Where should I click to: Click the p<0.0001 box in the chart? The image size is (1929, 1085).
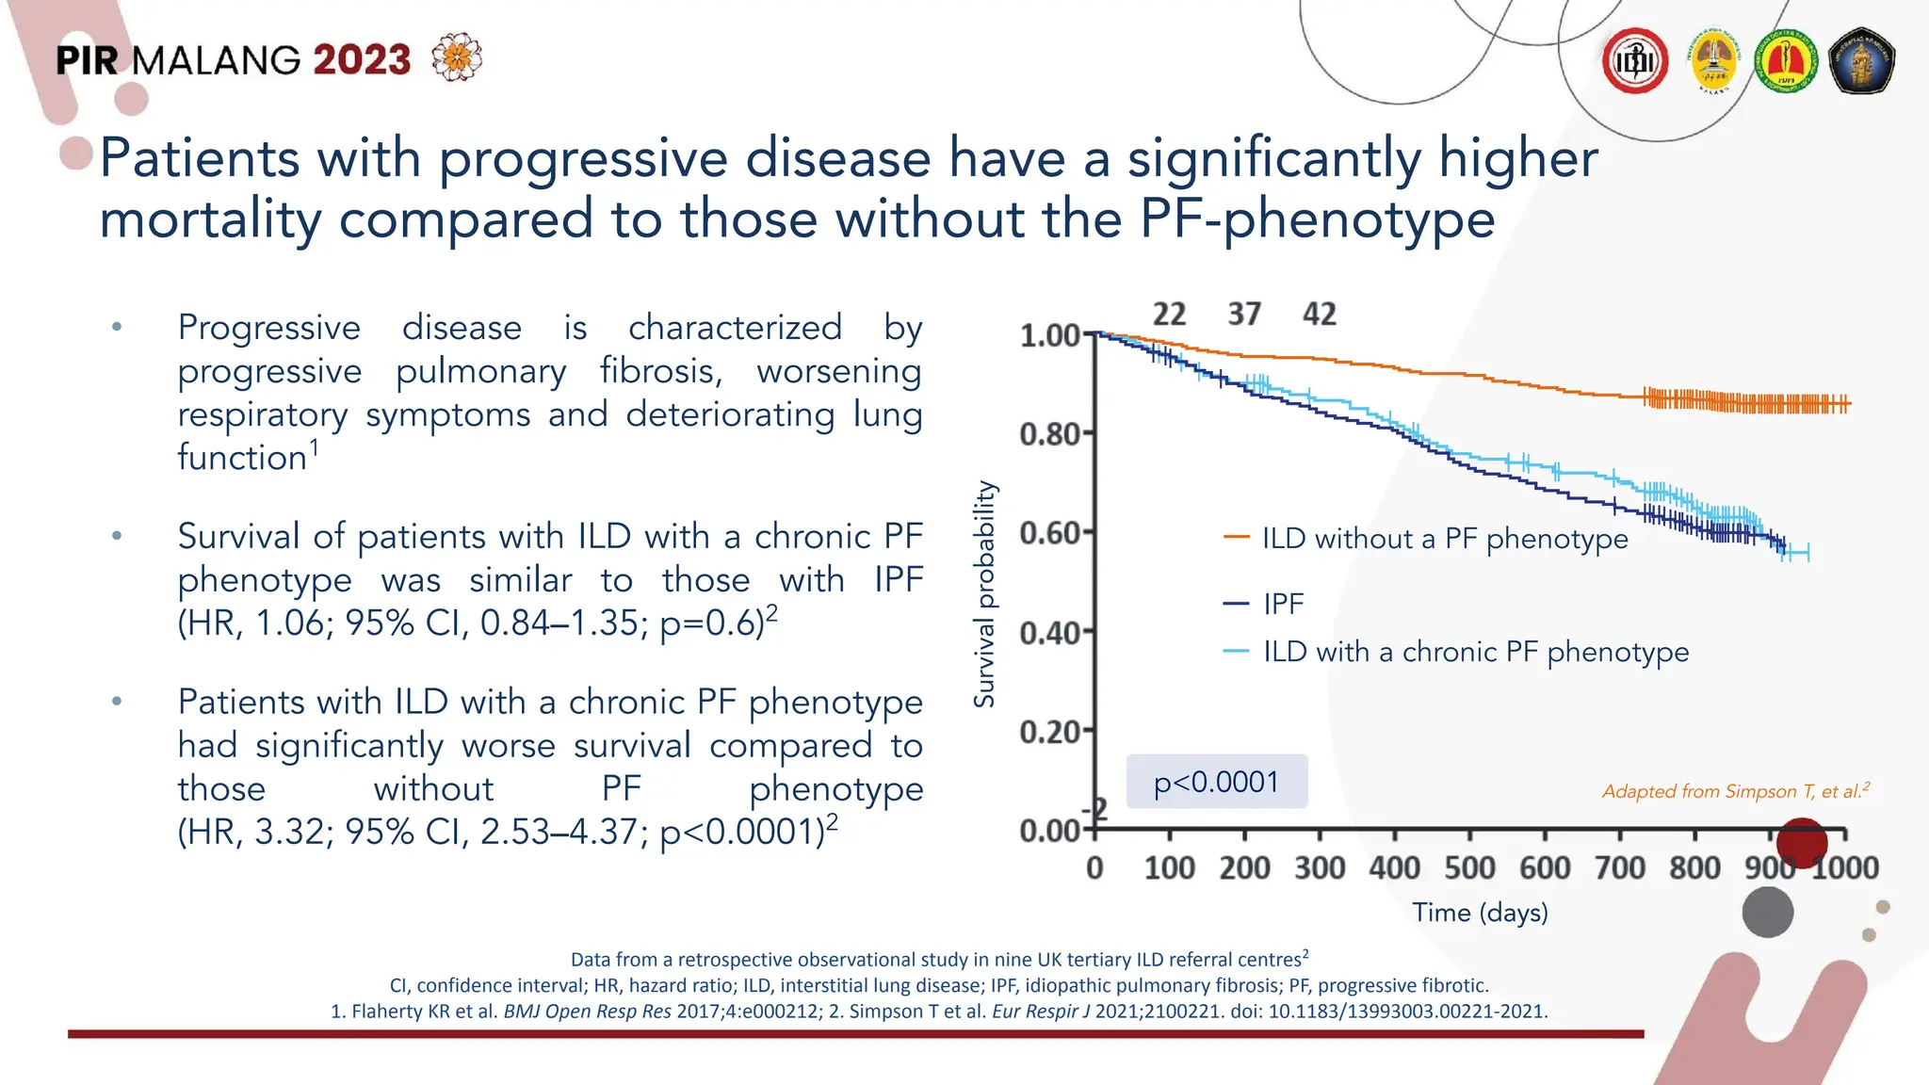pos(1216,782)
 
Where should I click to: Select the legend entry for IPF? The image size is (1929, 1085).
pos(1283,604)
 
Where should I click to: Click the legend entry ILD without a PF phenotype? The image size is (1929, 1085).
pos(1444,539)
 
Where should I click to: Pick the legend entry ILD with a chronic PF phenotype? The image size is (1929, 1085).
pos(1475,652)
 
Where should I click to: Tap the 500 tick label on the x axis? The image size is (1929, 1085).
pos(1469,867)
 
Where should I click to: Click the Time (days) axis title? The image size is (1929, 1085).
pos(1480,913)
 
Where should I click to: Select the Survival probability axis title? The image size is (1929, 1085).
pos(984,594)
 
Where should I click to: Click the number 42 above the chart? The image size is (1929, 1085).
pos(1319,315)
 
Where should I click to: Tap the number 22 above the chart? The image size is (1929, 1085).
pos(1169,315)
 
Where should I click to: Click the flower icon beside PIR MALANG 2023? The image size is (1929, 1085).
pos(457,58)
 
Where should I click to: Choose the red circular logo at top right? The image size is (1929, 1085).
pos(1635,61)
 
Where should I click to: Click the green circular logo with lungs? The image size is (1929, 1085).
pos(1786,61)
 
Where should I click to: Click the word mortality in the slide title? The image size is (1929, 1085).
pos(210,219)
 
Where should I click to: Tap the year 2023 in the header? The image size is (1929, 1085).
pos(362,60)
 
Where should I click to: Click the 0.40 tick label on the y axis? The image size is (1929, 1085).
pos(1049,633)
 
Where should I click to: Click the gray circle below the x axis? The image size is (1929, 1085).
pos(1767,913)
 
